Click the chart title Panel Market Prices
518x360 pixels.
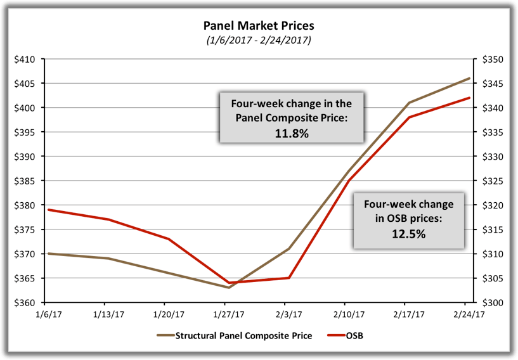(258, 26)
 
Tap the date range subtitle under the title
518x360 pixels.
(258, 41)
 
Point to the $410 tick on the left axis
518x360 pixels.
(30, 59)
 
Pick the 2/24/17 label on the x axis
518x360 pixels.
(468, 314)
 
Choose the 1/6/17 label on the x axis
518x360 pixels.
(49, 314)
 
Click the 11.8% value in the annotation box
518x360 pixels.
(291, 133)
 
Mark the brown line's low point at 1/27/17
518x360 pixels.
(228, 288)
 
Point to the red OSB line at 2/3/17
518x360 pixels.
(288, 278)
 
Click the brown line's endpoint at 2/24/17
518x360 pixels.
(469, 79)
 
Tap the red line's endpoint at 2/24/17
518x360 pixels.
(469, 98)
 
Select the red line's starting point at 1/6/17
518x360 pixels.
(48, 210)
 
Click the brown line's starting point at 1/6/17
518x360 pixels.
(48, 254)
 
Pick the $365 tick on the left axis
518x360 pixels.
(30, 278)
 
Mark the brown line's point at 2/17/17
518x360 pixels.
(409, 103)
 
